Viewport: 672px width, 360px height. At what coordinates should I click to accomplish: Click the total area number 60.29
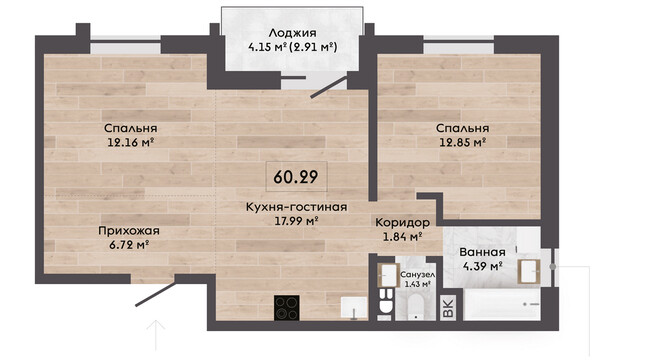[296, 177]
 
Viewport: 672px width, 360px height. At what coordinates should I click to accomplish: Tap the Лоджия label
[293, 33]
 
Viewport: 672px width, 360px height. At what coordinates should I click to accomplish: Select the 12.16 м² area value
[131, 142]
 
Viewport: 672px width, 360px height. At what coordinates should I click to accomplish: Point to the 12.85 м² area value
[462, 142]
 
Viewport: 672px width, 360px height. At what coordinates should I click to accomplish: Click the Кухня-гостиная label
[297, 207]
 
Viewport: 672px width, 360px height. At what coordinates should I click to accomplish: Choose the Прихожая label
[129, 231]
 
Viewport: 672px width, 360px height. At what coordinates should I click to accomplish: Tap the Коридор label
[402, 222]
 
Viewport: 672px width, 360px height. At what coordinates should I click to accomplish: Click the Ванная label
[483, 252]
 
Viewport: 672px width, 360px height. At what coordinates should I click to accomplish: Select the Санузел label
[417, 275]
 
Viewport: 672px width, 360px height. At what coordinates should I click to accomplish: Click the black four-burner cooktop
[287, 308]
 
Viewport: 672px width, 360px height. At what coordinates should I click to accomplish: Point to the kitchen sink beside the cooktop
[354, 308]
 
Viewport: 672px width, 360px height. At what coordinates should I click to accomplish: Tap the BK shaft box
[448, 308]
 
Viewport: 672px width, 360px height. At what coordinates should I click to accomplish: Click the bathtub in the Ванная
[502, 304]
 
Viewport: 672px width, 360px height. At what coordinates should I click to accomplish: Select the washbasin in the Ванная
[529, 271]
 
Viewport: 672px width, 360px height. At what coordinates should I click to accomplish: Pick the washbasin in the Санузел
[389, 274]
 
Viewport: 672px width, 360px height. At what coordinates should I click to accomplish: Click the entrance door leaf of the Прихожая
[156, 294]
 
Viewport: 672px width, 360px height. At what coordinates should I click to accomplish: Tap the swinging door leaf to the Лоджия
[329, 87]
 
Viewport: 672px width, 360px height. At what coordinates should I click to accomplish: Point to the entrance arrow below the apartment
[156, 336]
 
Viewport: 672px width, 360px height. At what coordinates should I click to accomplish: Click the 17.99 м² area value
[296, 221]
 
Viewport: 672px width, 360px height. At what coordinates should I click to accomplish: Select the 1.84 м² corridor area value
[402, 236]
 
